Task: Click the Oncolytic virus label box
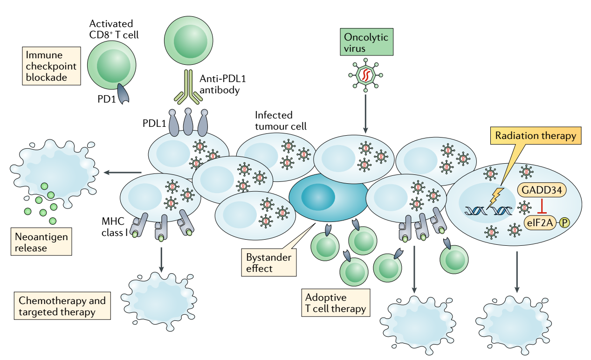pyautogui.click(x=366, y=42)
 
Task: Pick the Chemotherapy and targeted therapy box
pyautogui.click(x=62, y=306)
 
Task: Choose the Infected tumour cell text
pyautogui.click(x=281, y=120)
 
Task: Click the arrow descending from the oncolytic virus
pyautogui.click(x=365, y=112)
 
